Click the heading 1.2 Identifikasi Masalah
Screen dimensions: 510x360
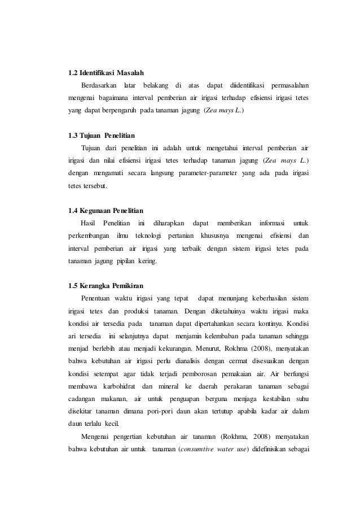tap(106, 73)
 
